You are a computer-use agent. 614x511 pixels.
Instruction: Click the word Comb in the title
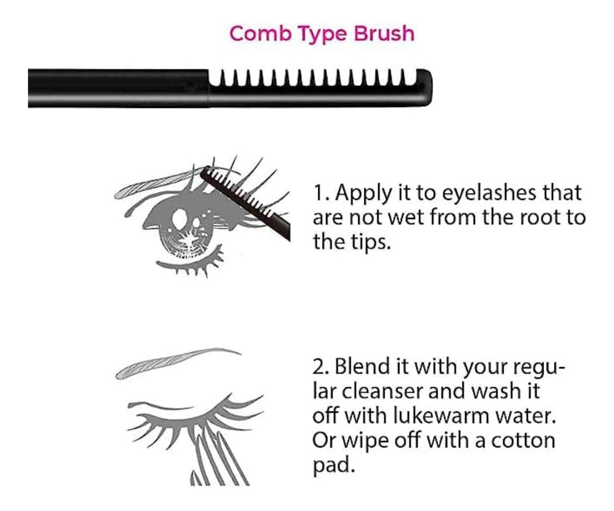tap(260, 34)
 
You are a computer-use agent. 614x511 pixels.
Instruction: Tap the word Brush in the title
tap(384, 34)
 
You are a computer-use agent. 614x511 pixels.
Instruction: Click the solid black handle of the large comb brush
tap(118, 88)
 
